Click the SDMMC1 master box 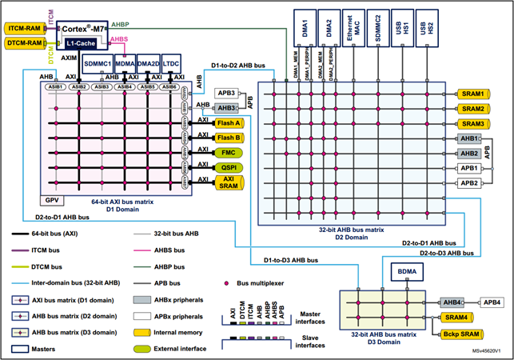97,64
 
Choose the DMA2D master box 148,64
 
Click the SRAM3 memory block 472,124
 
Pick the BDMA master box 402,273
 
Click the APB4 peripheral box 493,303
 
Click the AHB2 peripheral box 469,153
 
